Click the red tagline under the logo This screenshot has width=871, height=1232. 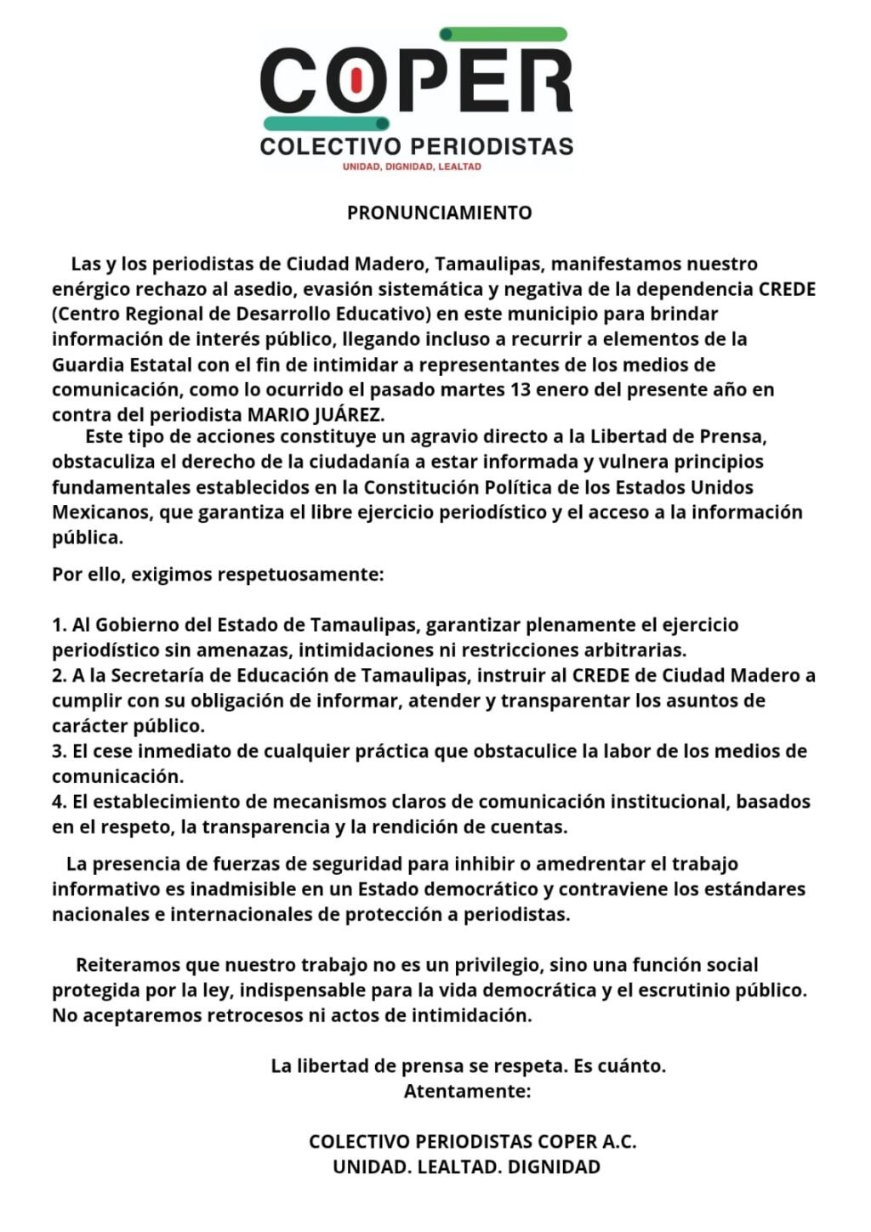click(x=411, y=167)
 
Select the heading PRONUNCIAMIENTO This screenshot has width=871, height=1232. click(x=439, y=213)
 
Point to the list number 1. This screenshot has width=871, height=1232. click(x=59, y=625)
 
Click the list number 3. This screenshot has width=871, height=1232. click(x=59, y=752)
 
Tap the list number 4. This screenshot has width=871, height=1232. click(x=59, y=802)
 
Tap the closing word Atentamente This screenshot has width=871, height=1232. click(x=467, y=1091)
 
